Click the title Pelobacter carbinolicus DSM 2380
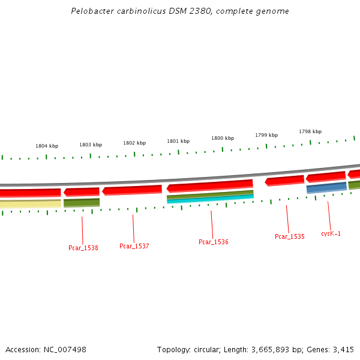coord(179,11)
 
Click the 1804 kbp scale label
coord(47,146)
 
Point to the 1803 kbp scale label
coord(91,145)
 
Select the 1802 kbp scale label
coord(134,143)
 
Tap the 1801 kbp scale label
coord(178,141)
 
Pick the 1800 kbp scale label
coord(222,138)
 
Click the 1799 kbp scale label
coord(266,135)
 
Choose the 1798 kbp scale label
coord(310,131)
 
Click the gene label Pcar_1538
coord(83,248)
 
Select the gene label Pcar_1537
coord(134,246)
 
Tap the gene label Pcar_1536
coord(214,242)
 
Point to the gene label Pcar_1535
coord(290,236)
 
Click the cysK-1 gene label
coord(331,233)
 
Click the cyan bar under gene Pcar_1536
coord(210,199)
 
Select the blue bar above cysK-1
coord(326,188)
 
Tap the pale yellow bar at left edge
coord(30,204)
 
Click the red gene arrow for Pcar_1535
coord(284,181)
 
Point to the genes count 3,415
coord(343,349)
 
